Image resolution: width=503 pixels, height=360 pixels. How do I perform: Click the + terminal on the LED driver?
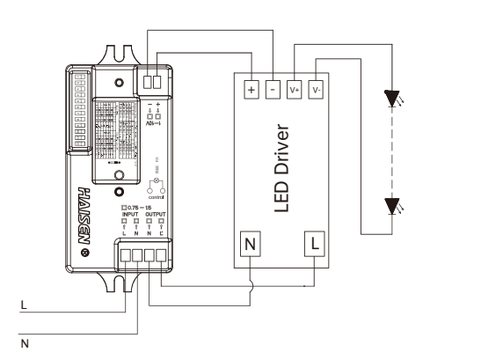251,90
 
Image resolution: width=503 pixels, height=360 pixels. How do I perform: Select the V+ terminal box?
295,90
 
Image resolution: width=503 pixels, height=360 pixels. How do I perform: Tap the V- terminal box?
317,90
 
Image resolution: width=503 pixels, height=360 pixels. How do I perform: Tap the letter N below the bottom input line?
25,343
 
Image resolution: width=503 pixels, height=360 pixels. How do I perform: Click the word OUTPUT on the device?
155,214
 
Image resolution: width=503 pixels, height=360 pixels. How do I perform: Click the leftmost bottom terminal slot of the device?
126,258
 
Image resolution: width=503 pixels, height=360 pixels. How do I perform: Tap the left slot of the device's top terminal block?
148,82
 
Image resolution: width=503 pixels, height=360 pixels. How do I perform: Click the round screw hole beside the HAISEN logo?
84,253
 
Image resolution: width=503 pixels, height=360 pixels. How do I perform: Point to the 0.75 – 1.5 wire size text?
142,207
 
